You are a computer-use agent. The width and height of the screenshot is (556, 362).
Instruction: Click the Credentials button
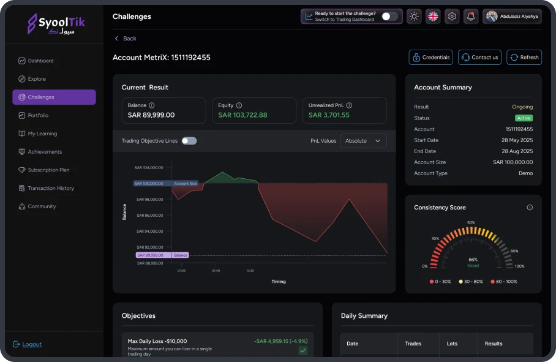tap(431, 58)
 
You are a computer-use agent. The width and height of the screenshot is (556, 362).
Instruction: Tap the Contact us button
tap(479, 58)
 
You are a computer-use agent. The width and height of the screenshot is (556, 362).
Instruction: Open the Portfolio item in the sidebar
tap(38, 115)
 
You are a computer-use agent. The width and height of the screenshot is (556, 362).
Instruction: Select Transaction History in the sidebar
tap(51, 188)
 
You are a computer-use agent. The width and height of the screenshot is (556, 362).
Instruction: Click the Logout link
tap(32, 344)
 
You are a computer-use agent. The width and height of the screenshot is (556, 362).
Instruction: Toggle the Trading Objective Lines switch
tap(189, 141)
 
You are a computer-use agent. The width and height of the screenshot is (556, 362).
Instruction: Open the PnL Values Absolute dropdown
tap(363, 141)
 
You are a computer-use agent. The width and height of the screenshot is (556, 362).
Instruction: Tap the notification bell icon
tap(470, 17)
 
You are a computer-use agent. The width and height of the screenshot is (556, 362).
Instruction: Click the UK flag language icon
tap(433, 17)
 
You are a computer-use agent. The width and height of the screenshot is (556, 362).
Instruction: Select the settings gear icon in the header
tap(452, 17)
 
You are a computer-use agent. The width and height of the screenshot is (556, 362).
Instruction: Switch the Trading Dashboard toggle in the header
tap(389, 17)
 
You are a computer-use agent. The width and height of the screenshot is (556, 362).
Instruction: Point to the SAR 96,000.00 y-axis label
tap(149, 215)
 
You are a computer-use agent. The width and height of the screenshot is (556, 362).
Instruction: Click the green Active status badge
tap(524, 118)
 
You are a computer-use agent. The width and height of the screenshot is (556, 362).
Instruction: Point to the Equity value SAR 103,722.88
tap(242, 115)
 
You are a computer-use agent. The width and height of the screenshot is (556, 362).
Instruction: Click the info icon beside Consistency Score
tap(530, 208)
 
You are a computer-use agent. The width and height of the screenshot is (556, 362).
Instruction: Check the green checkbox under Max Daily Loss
tap(302, 350)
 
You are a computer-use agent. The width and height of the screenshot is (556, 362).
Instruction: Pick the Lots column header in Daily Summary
tap(452, 344)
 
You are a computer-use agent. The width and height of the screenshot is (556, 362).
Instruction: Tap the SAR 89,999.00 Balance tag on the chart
tap(150, 255)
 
